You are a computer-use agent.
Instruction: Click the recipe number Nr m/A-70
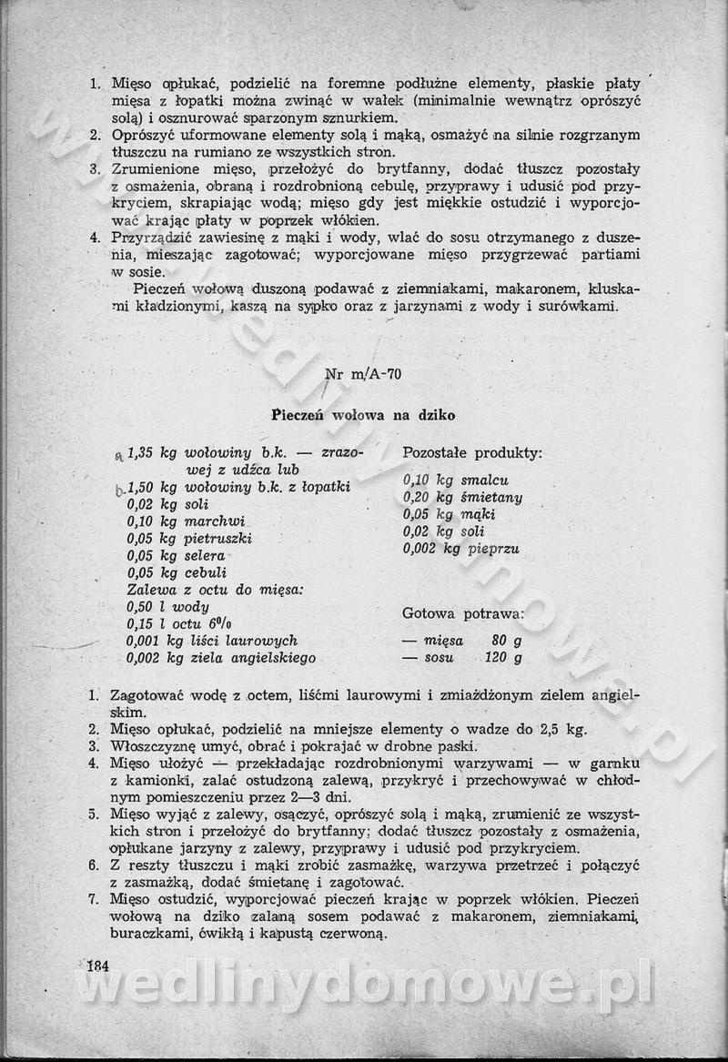click(x=363, y=373)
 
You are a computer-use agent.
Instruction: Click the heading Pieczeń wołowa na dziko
click(x=363, y=415)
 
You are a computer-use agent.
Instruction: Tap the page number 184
click(x=97, y=966)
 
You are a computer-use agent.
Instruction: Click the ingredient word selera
click(x=205, y=556)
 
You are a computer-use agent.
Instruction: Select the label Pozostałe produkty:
click(x=472, y=452)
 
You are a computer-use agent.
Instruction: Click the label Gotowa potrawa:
click(x=463, y=613)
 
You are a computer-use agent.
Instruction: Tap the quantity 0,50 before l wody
click(x=143, y=607)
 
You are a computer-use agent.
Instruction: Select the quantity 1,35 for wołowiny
click(x=143, y=452)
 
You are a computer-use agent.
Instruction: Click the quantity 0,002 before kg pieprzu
click(x=420, y=549)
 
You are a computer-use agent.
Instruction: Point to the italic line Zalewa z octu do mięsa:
click(x=215, y=590)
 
